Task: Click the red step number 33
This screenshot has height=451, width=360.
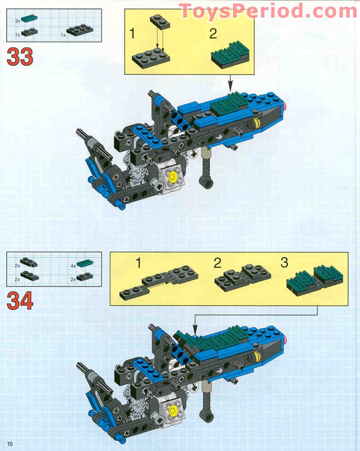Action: tap(20, 57)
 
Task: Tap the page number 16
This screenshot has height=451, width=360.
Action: tap(10, 444)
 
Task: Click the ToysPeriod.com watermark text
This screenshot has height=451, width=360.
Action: tap(268, 11)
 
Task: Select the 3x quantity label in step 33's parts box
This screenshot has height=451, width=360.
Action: tap(18, 21)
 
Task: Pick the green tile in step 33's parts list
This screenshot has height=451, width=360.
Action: tap(29, 19)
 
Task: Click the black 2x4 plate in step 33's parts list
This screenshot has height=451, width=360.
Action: tap(80, 30)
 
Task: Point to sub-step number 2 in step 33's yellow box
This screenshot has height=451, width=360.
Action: tap(213, 34)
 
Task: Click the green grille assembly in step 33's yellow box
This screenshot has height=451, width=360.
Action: tap(230, 55)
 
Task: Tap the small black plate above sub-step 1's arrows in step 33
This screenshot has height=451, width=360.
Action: tap(160, 22)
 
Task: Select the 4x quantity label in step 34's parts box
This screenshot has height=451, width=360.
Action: tap(73, 266)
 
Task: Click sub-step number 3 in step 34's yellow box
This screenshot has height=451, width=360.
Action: tap(284, 263)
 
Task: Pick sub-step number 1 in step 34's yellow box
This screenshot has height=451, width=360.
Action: tap(139, 263)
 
